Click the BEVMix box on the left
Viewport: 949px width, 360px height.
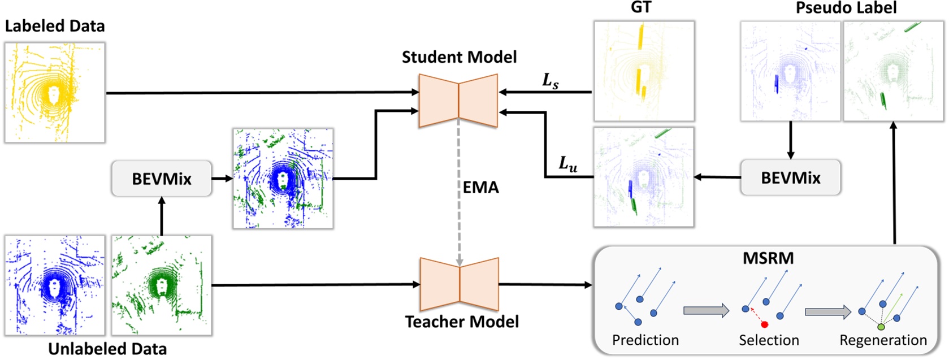[x=162, y=179]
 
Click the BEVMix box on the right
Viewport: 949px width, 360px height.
[x=790, y=177]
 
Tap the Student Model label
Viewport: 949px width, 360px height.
[x=459, y=57]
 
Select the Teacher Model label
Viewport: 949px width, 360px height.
[x=462, y=322]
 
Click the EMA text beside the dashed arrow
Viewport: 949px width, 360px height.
[x=480, y=187]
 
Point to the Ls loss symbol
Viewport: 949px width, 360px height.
[x=550, y=81]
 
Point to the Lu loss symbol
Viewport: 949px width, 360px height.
[x=567, y=164]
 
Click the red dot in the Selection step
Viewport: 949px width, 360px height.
[x=764, y=324]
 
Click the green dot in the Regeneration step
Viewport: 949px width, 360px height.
[x=881, y=327]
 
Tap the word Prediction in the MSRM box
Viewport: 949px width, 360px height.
[x=645, y=340]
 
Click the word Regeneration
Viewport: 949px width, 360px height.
[x=883, y=340]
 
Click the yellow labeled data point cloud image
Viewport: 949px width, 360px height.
[x=55, y=93]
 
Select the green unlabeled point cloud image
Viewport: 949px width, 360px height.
[x=162, y=285]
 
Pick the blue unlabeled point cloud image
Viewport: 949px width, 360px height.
[x=55, y=285]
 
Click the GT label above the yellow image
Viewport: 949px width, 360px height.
[x=640, y=7]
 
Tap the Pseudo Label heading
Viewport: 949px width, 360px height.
[x=846, y=7]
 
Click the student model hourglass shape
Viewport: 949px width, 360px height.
[x=458, y=100]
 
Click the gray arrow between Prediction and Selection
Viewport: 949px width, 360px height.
[x=707, y=310]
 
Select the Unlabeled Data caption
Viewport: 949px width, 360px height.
[x=107, y=349]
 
